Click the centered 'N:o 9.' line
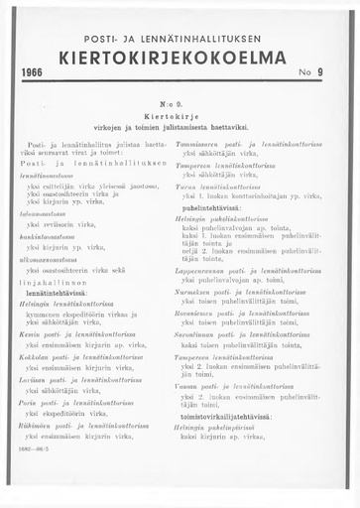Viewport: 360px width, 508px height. [180, 104]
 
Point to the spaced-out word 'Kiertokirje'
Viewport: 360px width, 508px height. [180, 117]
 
